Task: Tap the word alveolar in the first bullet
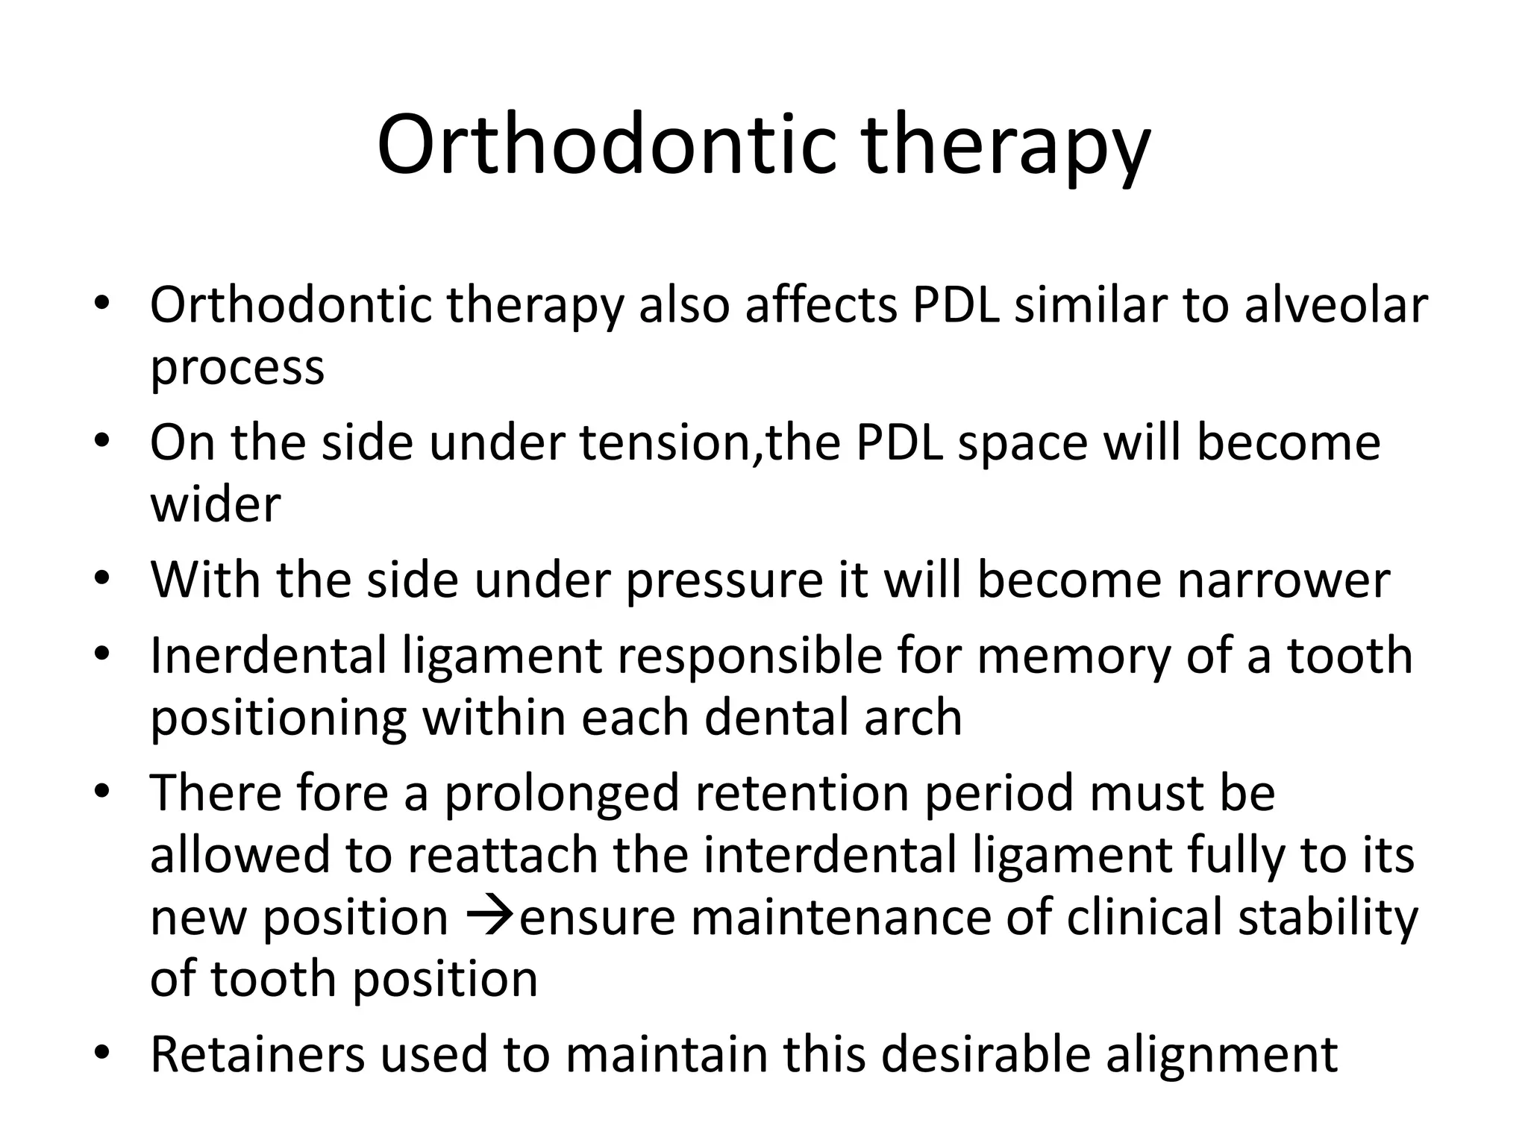1335,305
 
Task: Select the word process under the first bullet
237,369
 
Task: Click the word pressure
723,580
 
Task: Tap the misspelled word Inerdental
269,655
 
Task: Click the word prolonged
562,794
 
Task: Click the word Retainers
258,1054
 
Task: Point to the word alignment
1221,1056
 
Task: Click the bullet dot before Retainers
102,1053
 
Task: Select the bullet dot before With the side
102,577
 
